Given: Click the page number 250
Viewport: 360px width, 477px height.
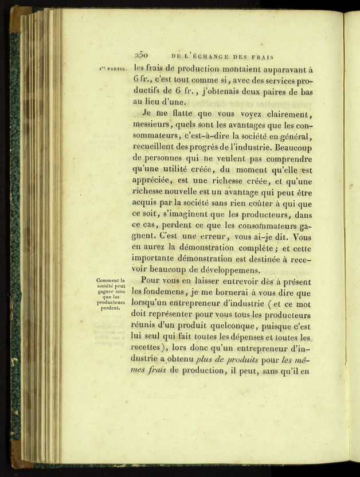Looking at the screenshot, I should [142, 56].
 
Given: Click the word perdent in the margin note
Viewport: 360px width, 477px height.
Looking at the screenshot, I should [110, 307].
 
